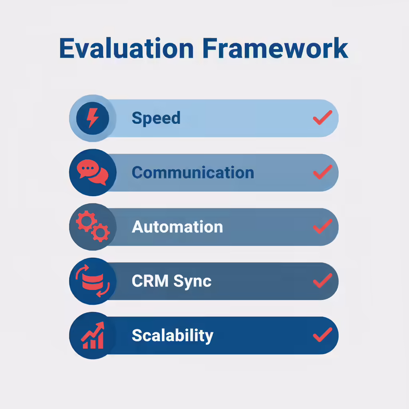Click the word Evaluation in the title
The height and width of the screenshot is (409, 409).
pyautogui.click(x=127, y=48)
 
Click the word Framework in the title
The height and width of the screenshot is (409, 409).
pyautogui.click(x=276, y=48)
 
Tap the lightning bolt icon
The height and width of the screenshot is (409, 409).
pyautogui.click(x=93, y=118)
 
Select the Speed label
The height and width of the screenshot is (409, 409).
pyautogui.click(x=156, y=118)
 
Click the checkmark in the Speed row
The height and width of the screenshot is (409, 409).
pyautogui.click(x=323, y=118)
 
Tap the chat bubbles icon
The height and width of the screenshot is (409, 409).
pyautogui.click(x=93, y=172)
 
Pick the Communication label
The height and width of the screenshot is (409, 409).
pyautogui.click(x=193, y=173)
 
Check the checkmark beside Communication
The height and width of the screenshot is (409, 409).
pyautogui.click(x=323, y=172)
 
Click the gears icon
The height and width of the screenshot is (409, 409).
pyautogui.click(x=93, y=226)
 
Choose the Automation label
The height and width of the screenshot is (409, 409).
pyautogui.click(x=177, y=227)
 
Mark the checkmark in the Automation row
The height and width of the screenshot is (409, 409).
pyautogui.click(x=323, y=226)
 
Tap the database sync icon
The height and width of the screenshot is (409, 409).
pyautogui.click(x=93, y=281)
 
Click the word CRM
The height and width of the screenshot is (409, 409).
pyautogui.click(x=150, y=281)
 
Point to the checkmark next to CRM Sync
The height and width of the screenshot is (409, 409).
pyautogui.click(x=323, y=281)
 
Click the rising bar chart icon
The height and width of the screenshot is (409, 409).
pyautogui.click(x=93, y=335)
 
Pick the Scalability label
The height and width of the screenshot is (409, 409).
pyautogui.click(x=173, y=336)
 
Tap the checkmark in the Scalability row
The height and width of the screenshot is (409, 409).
pyautogui.click(x=323, y=335)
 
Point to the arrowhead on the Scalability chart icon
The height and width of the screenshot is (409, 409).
pyautogui.click(x=100, y=326)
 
